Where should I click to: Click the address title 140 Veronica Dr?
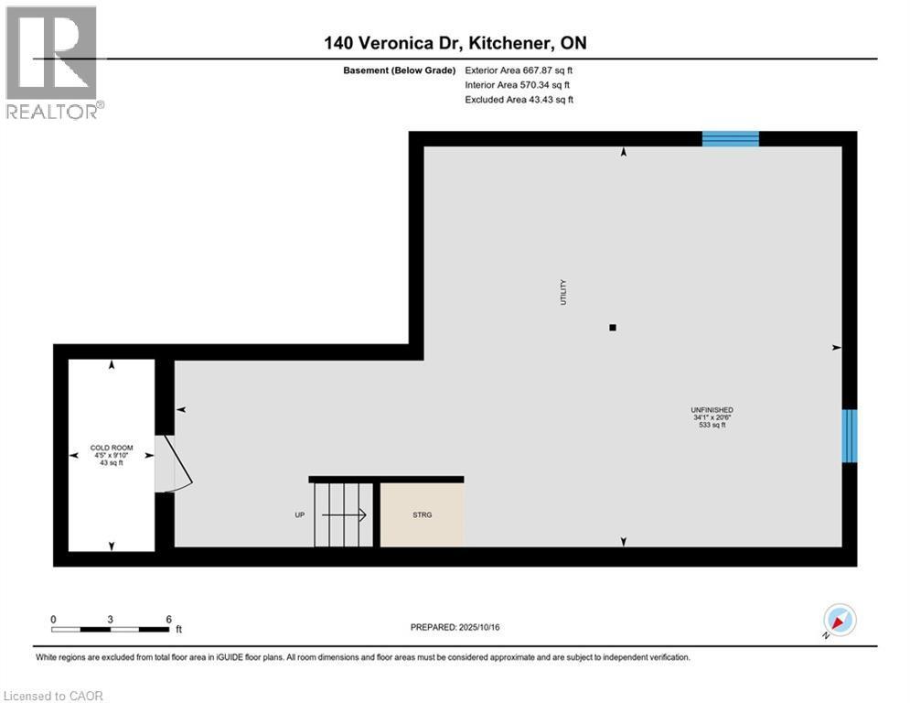455,43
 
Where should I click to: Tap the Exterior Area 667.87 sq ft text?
519,70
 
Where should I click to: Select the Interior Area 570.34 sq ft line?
519,84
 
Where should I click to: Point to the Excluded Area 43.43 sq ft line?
519,100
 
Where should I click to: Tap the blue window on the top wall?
730,138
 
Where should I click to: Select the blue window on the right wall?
850,436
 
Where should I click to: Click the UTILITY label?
564,292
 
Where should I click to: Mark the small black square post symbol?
613,328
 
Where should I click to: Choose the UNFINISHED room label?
712,410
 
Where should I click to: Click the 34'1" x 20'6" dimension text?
712,417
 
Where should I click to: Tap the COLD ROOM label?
111,448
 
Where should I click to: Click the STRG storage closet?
422,514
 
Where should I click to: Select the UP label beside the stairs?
299,515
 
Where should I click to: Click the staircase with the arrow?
343,514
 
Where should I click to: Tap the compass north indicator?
839,621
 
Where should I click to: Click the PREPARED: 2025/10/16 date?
455,627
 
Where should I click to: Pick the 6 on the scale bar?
169,619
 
